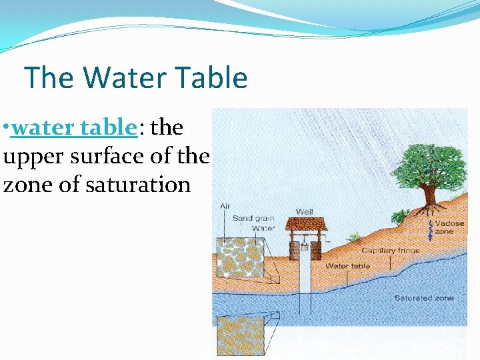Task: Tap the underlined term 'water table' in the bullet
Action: tap(73, 127)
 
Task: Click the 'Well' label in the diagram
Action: tap(305, 212)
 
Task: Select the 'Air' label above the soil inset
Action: tap(225, 207)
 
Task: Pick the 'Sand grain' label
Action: tap(253, 218)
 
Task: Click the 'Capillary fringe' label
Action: tap(391, 251)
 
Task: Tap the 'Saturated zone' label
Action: tap(423, 297)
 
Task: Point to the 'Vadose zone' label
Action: tap(445, 227)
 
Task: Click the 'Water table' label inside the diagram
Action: tap(347, 266)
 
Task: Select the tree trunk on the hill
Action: tap(429, 195)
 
